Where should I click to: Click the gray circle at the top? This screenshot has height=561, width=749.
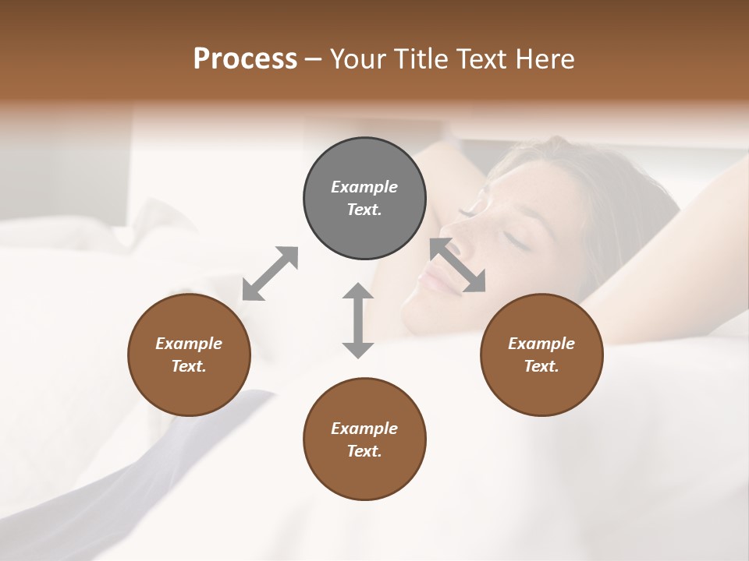[x=364, y=199]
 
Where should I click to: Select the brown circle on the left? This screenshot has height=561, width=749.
[x=189, y=355]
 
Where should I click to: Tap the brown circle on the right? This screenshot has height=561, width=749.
[x=541, y=355]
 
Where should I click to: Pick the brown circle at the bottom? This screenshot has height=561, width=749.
[x=364, y=439]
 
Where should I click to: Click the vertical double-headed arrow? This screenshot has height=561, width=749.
[x=358, y=320]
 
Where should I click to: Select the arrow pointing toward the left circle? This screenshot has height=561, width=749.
[x=270, y=273]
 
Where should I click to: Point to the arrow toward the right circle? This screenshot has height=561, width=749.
[x=458, y=265]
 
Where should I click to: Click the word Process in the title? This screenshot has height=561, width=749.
[x=245, y=59]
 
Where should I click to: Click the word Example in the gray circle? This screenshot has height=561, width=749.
[x=364, y=187]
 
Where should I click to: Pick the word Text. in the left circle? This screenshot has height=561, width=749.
[x=189, y=366]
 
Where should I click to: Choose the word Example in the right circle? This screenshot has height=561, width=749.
[x=541, y=344]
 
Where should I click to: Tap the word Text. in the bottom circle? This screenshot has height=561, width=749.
[x=364, y=451]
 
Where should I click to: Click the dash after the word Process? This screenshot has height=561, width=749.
[x=314, y=59]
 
